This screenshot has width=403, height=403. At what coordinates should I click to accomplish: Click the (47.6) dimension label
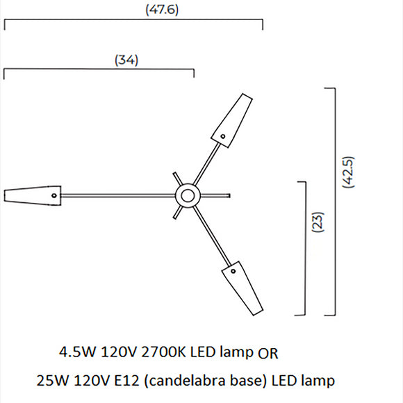[161, 10]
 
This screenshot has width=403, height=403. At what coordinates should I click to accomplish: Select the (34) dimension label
[126, 60]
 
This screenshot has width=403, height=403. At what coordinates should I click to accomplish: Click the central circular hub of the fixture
[186, 195]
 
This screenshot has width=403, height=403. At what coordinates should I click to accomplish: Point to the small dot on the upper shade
[224, 135]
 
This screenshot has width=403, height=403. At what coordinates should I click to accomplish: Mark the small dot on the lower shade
[233, 271]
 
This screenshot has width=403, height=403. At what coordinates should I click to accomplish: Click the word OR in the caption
[268, 353]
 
